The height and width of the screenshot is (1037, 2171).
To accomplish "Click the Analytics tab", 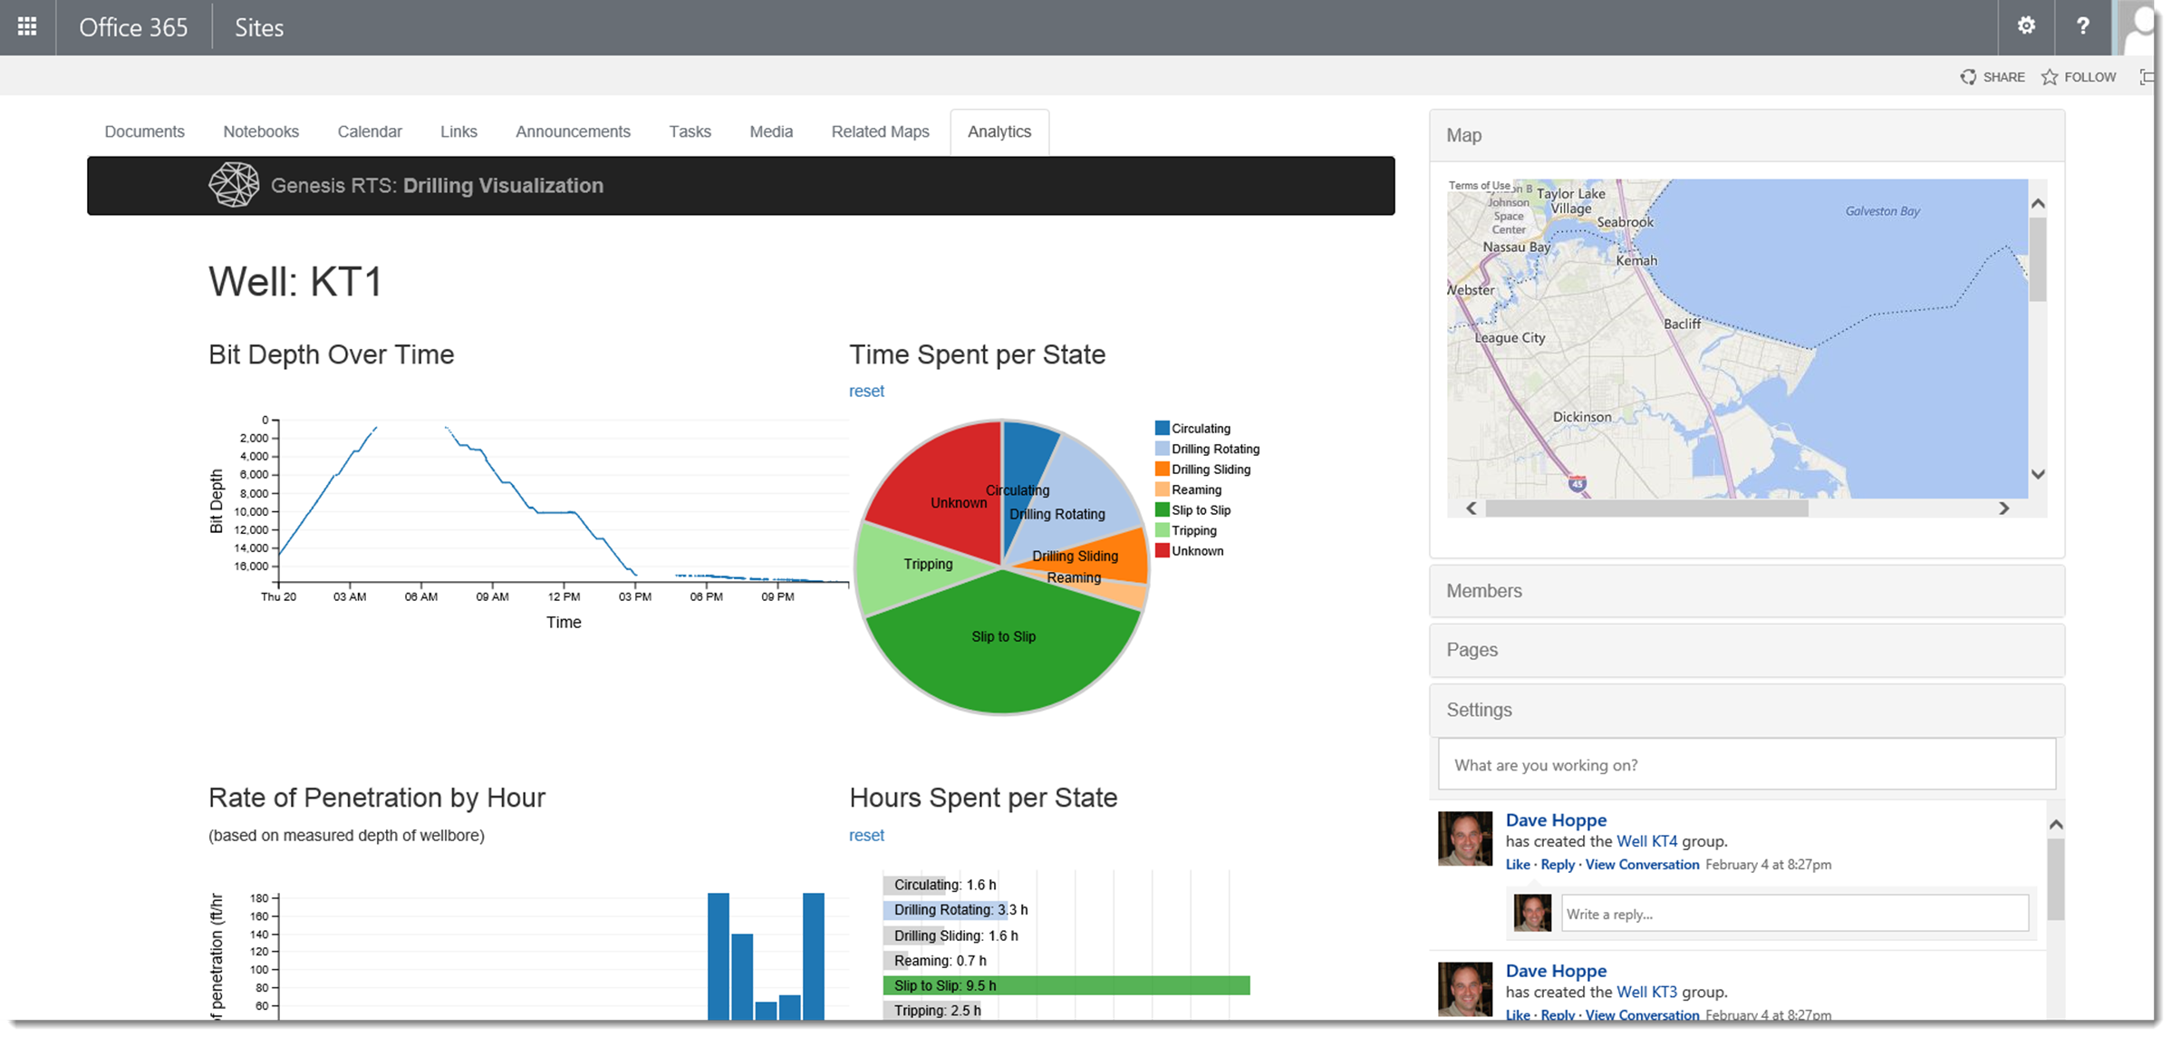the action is point(999,132).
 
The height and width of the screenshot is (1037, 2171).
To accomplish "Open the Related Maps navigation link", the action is point(880,132).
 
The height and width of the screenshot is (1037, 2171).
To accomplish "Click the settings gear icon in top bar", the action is point(2026,26).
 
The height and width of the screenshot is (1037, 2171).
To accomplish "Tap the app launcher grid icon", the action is point(27,26).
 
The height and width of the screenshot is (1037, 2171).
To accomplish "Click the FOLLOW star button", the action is point(2079,77).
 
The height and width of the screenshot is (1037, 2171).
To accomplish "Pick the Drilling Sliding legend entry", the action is point(1202,470).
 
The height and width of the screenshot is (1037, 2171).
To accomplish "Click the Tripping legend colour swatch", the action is point(1162,530).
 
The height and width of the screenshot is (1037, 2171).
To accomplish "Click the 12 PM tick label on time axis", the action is point(564,596).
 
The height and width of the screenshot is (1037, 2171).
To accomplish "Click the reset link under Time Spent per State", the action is point(866,392).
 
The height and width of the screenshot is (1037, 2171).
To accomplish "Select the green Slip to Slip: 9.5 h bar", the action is point(1066,985).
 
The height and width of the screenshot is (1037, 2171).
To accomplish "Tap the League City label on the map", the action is point(1510,338).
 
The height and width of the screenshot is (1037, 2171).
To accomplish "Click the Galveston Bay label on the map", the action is point(1882,211).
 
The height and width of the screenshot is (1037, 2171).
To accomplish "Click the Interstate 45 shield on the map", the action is point(1578,484).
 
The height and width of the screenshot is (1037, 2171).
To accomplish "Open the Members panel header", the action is point(1746,591).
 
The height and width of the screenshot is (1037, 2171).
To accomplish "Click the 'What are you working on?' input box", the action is point(1746,765).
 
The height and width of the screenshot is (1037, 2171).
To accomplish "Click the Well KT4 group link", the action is point(1646,841).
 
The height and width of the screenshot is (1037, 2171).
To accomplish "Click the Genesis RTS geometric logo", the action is point(234,185).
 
